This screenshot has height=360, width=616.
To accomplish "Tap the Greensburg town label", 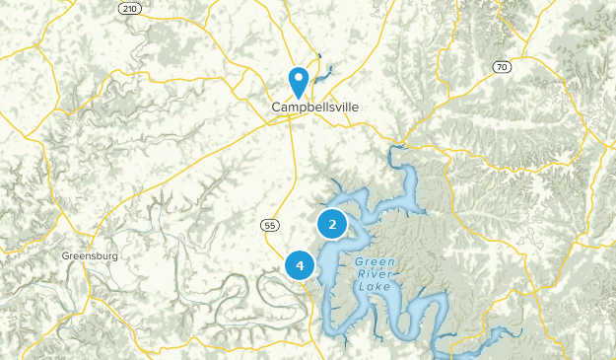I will [90, 255].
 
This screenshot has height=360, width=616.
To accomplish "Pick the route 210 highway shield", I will [128, 9].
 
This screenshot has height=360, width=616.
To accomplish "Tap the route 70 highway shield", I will [503, 66].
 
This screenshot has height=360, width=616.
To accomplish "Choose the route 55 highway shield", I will [269, 225].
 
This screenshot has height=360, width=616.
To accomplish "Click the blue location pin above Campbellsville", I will [298, 81].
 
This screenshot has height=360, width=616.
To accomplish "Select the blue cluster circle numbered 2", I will [332, 225].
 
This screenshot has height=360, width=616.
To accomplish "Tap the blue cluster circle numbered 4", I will [300, 265].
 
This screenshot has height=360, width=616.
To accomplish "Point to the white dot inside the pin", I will [298, 76].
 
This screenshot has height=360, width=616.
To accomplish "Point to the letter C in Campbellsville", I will [277, 107].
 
